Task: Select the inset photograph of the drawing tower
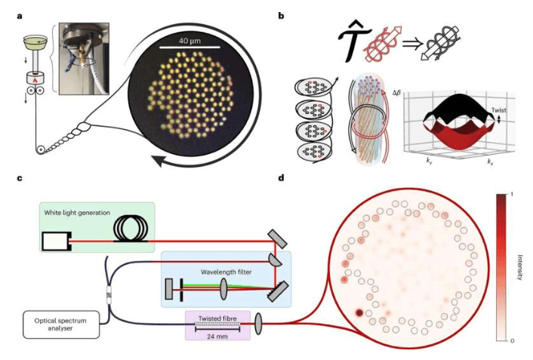[x=85, y=52]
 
